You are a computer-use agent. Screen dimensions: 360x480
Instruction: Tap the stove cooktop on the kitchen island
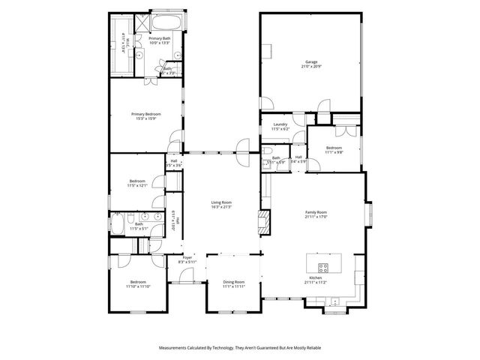(x=323, y=267)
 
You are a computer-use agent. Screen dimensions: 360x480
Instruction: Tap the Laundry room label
(x=280, y=124)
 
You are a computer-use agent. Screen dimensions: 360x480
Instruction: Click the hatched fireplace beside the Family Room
(x=263, y=220)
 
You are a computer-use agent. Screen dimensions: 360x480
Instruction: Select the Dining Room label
(x=234, y=282)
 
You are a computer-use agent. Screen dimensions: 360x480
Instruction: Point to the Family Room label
(x=316, y=212)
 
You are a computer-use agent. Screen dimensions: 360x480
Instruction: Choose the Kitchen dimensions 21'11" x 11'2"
(x=316, y=283)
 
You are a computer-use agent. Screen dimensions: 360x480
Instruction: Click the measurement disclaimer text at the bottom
(x=240, y=348)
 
